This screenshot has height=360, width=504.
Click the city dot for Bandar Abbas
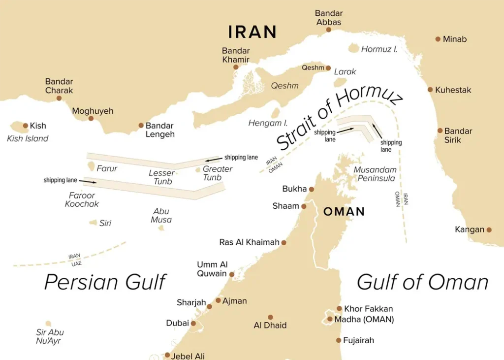[329, 30]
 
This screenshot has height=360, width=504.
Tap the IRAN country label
[252, 32]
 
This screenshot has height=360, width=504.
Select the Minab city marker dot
[438, 39]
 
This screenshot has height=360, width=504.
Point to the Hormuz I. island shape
[354, 48]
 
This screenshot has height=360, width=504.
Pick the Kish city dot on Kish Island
[26, 126]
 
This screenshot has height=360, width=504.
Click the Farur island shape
[91, 168]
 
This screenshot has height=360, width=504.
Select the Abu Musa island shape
[161, 228]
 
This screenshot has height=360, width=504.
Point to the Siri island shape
[93, 223]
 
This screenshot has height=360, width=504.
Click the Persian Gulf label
[105, 282]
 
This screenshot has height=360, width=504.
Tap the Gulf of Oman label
[422, 282]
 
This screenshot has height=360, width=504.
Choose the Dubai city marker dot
[193, 324]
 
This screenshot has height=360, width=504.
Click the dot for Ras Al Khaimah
[283, 242]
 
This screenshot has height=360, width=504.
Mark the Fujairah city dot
[339, 340]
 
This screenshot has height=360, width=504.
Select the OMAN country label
[344, 212]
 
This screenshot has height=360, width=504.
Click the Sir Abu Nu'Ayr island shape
[48, 324]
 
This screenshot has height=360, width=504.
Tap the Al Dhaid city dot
[270, 317]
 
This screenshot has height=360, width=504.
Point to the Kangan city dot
[489, 229]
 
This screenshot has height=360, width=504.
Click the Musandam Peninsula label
[375, 174]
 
